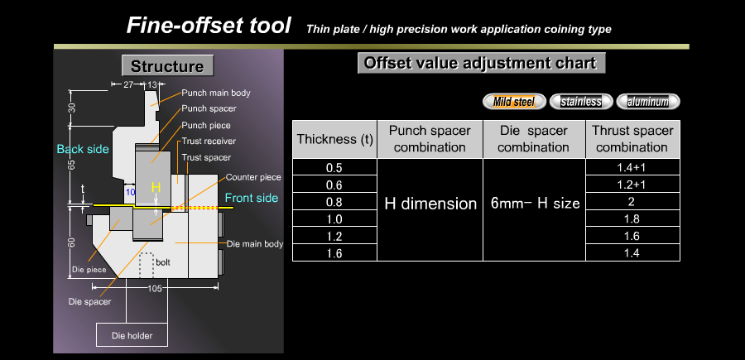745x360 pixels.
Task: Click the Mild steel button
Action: (514, 101)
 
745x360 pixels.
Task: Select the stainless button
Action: (581, 101)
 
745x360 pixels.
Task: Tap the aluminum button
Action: (648, 101)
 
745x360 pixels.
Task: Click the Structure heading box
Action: (168, 65)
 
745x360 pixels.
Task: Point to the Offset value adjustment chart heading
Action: (481, 63)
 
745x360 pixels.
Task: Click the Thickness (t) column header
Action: (335, 139)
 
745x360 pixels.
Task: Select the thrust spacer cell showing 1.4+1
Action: (633, 167)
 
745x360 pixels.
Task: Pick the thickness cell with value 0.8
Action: (334, 201)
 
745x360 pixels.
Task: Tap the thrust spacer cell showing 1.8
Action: (633, 218)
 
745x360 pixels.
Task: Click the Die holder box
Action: (132, 335)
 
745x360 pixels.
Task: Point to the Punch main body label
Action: (216, 93)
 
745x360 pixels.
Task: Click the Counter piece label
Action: (253, 177)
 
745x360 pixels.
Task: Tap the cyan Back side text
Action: (83, 149)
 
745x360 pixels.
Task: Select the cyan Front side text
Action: (252, 198)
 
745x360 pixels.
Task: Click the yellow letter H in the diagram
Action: (156, 187)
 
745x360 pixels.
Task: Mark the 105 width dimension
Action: (155, 288)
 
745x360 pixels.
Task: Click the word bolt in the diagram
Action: (163, 262)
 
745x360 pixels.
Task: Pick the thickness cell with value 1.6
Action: (334, 252)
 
